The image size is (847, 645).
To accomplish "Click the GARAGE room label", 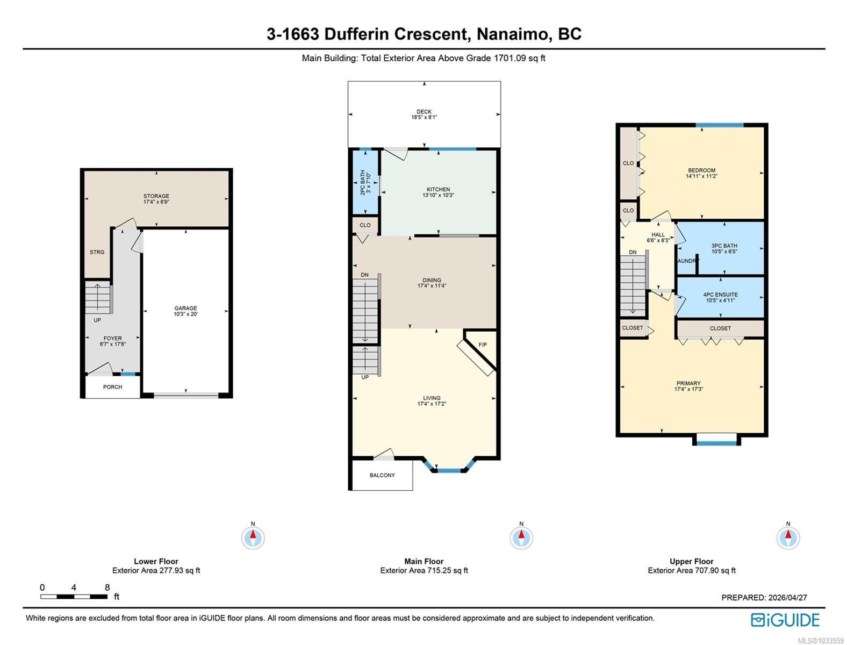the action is (x=185, y=308).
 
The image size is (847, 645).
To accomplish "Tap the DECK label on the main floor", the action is (x=424, y=111).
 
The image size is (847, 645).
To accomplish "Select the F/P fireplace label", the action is (x=482, y=345).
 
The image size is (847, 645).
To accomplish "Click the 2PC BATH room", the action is (x=365, y=182).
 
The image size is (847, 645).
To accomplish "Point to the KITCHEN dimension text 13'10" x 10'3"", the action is (x=438, y=195).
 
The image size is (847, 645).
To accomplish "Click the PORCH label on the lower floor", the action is (x=112, y=387).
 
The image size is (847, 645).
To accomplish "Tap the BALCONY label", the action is (x=382, y=475).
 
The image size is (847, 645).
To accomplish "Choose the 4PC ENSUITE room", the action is (x=720, y=297).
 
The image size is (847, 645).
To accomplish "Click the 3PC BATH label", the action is (x=724, y=246).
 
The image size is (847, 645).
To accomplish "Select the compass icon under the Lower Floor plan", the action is (x=253, y=537).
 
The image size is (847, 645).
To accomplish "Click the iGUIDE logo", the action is (x=785, y=620).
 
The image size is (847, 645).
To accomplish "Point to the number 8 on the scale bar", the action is (x=107, y=587).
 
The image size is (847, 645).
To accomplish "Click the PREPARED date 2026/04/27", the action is (x=787, y=598).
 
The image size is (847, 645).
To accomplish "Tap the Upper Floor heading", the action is (x=692, y=561).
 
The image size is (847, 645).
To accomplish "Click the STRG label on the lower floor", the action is (x=97, y=252).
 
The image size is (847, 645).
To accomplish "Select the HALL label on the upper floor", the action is (x=658, y=234).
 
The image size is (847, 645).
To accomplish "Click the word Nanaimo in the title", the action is (x=513, y=34).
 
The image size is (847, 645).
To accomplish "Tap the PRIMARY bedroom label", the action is (x=688, y=383).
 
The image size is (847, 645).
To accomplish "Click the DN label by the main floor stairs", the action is (x=365, y=275).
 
